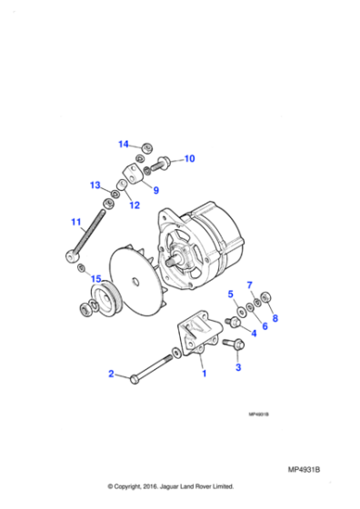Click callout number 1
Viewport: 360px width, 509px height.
[x=204, y=373]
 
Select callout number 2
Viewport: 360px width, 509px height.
[x=111, y=374]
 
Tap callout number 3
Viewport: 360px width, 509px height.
[x=238, y=368]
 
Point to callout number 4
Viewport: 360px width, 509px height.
[x=254, y=334]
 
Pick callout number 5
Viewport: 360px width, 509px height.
[x=231, y=293]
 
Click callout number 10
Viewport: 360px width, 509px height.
[x=189, y=159]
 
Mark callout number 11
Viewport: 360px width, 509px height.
[x=76, y=221]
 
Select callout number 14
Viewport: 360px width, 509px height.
[x=124, y=144]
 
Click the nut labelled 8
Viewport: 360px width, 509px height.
[x=266, y=297]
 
